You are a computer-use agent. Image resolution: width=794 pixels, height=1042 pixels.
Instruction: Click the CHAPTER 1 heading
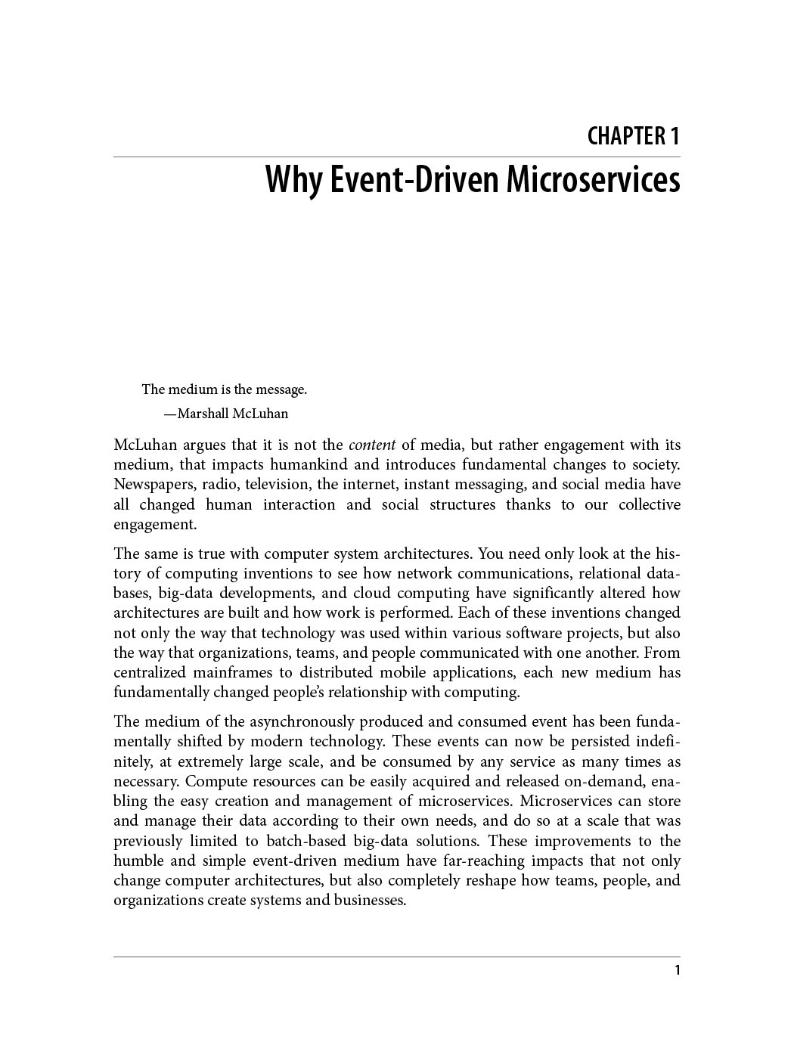pyautogui.click(x=634, y=136)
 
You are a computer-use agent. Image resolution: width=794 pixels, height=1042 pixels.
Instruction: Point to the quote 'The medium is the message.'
pyautogui.click(x=224, y=389)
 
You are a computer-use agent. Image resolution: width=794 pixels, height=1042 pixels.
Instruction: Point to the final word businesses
pyautogui.click(x=369, y=900)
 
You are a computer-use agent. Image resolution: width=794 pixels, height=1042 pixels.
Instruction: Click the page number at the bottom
pyautogui.click(x=677, y=970)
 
